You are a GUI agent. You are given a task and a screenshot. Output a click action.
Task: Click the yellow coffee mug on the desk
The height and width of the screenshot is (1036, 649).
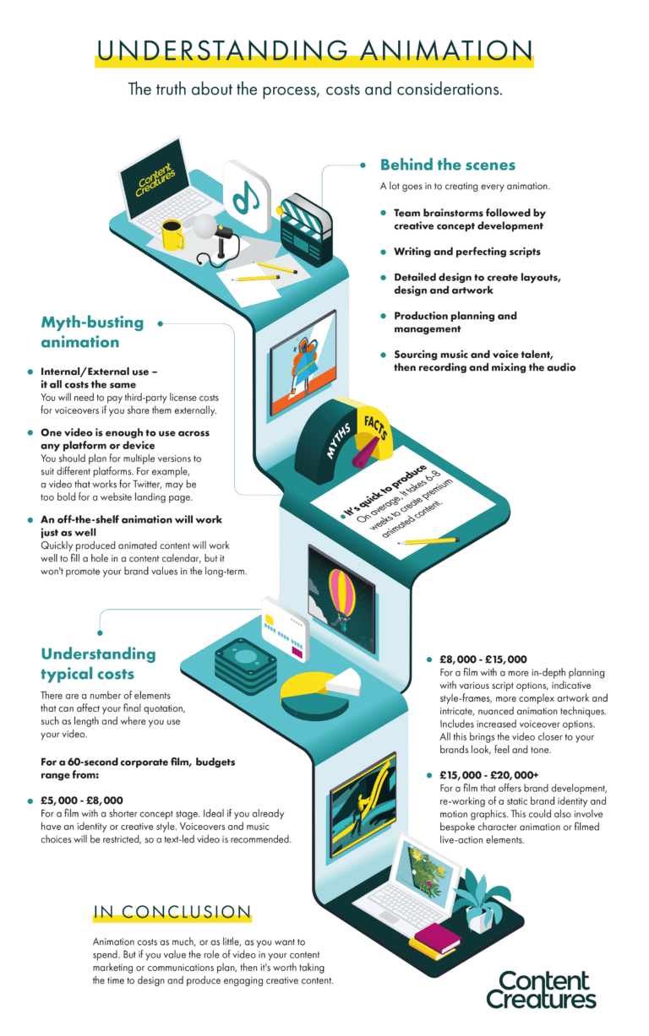pos(172,236)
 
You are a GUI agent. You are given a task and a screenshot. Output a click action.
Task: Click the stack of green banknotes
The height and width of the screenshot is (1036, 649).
pos(243,664)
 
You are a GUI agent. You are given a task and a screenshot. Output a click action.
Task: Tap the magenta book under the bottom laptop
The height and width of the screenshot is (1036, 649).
pos(436,936)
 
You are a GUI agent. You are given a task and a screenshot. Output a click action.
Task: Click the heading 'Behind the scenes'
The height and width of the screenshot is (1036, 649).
pos(447,165)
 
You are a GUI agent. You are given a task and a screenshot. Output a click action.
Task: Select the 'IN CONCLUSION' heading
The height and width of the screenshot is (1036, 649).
pos(172,911)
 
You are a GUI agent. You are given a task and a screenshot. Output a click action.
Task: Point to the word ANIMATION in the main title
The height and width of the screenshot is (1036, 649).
pos(438,49)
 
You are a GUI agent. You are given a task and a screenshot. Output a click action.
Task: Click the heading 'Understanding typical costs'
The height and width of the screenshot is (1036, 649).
pos(98,663)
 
